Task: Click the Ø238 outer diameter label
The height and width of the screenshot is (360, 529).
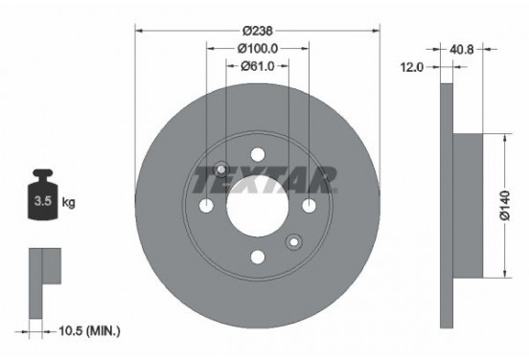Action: tap(258, 29)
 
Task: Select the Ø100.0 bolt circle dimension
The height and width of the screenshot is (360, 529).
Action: tap(258, 47)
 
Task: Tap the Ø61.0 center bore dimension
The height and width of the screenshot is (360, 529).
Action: tap(258, 65)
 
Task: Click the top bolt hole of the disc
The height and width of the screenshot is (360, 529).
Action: tap(258, 155)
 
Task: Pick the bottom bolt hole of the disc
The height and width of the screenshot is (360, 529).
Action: tap(258, 256)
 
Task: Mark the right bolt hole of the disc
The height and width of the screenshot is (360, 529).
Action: tap(309, 206)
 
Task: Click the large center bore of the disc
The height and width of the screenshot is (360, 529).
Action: tap(258, 206)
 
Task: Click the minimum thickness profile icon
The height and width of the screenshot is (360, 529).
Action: tap(44, 272)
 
